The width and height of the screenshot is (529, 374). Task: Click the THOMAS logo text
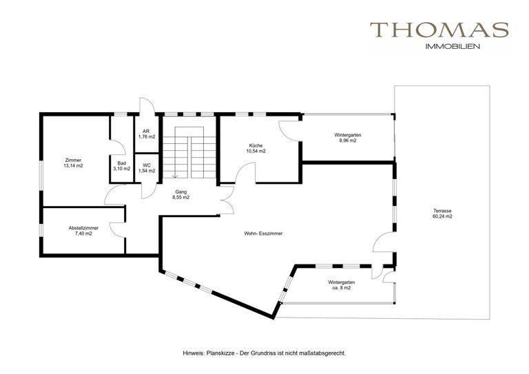coord(439,30)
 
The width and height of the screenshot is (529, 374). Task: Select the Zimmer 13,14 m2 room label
coord(73,163)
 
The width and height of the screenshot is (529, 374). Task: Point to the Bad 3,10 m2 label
coord(121,166)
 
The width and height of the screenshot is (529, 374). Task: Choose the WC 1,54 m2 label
coord(147,168)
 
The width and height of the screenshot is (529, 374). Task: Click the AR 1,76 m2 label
coord(147,134)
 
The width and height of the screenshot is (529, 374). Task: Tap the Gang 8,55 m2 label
coord(180,194)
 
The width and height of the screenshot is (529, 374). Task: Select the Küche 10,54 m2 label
coord(257,148)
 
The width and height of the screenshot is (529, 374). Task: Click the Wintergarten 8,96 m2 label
coord(348,138)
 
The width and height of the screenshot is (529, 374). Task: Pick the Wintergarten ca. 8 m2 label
coord(341,285)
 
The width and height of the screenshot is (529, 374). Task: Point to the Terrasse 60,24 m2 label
coord(442,214)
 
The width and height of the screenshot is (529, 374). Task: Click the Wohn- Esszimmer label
coord(263,233)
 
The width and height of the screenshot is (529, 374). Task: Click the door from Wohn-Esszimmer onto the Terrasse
coord(383,242)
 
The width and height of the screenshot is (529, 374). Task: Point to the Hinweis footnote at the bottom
coord(264,353)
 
